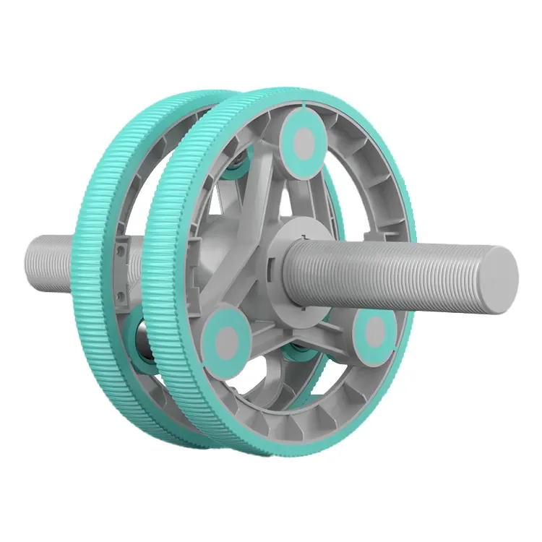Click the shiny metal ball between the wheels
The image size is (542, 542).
point(141,347)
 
